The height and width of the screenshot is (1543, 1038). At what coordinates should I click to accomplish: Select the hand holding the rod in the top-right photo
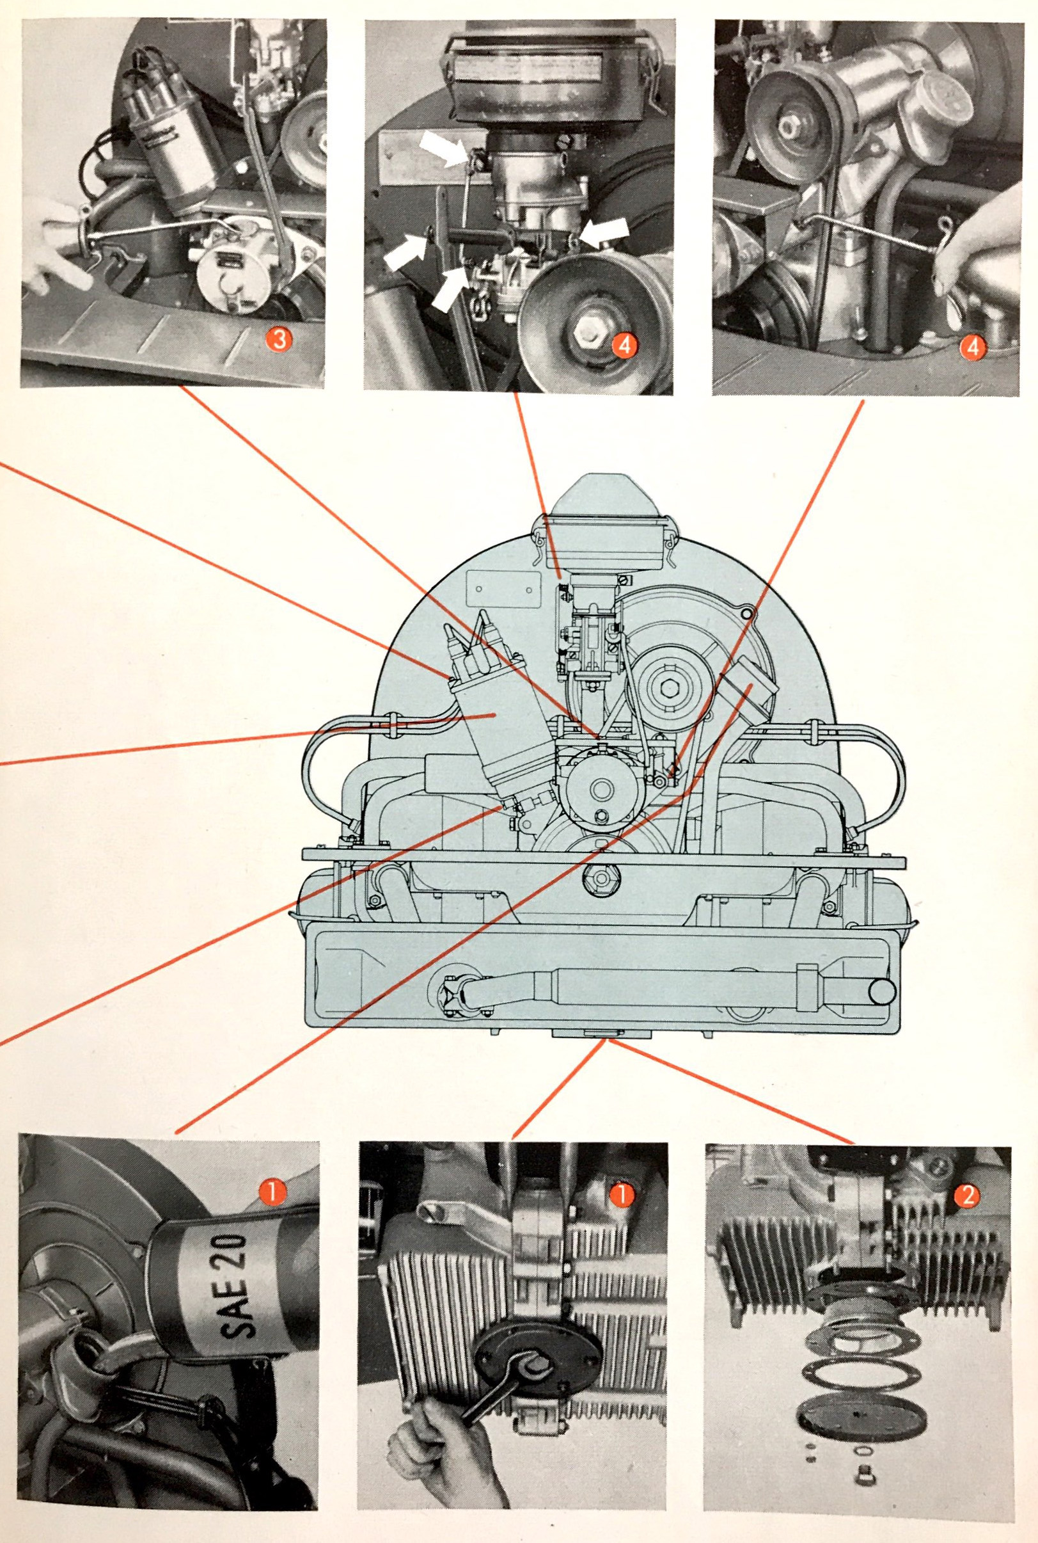tap(980, 252)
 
